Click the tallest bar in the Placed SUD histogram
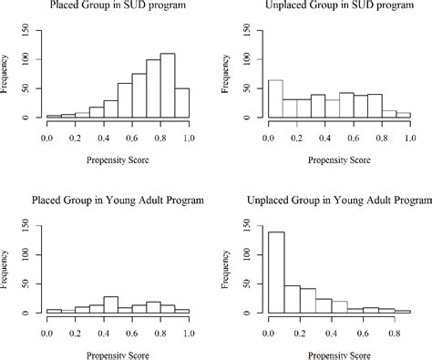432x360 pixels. tap(167, 87)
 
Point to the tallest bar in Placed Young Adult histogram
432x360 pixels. tap(110, 304)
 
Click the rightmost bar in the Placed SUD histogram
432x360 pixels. tap(181, 103)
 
